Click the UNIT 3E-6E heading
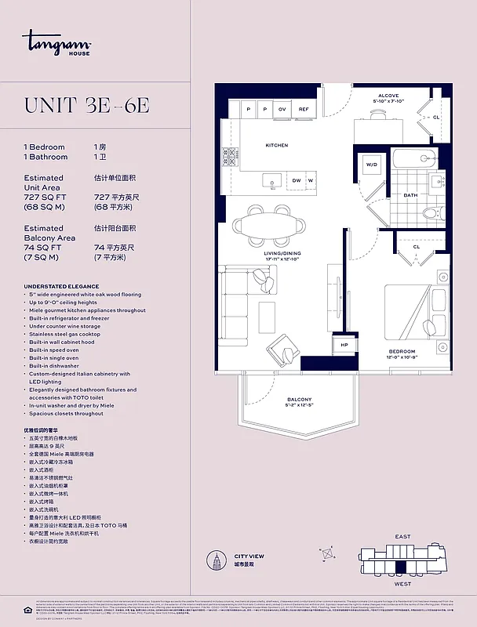pyautogui.click(x=87, y=106)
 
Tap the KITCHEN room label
pyautogui.click(x=276, y=145)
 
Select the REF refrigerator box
pyautogui.click(x=304, y=110)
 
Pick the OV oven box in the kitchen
pyautogui.click(x=282, y=110)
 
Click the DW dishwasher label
pyautogui.click(x=297, y=180)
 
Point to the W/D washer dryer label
pyautogui.click(x=371, y=165)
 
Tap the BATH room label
pyautogui.click(x=410, y=195)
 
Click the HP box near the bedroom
pyautogui.click(x=344, y=346)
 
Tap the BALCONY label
pyautogui.click(x=299, y=399)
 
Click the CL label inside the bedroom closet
pyautogui.click(x=417, y=246)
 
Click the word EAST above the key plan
pyautogui.click(x=402, y=537)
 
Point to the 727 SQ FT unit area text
pyautogui.click(x=46, y=197)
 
